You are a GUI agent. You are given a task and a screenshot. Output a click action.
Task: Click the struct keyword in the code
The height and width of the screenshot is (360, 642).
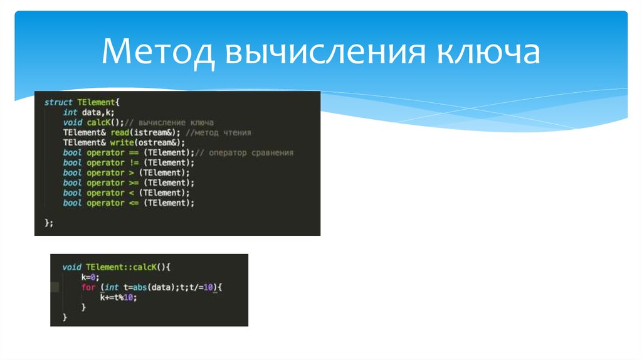58,102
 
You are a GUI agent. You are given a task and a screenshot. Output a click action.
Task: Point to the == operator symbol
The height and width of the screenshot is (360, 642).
133,152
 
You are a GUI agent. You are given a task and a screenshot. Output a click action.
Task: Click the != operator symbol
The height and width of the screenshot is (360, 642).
133,162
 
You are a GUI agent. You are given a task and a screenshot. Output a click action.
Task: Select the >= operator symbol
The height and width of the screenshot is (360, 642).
133,183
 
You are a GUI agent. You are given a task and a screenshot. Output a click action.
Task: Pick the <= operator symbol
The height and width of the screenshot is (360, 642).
133,203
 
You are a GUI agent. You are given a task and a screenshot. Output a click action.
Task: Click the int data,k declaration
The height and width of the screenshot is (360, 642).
88,112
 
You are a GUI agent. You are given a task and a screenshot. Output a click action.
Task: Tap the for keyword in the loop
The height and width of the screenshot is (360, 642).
88,287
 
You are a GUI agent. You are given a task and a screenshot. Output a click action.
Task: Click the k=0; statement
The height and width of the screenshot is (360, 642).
90,277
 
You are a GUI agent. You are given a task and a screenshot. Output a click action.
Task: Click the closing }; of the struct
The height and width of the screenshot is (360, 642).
49,223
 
